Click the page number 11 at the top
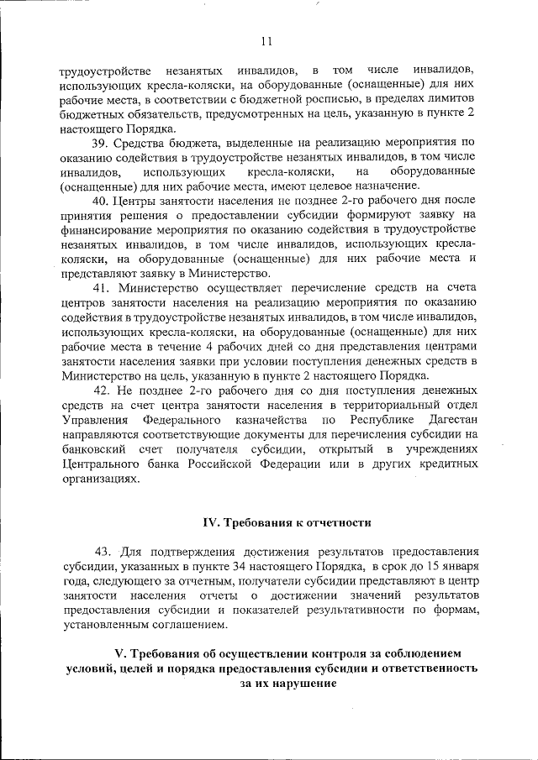point(267,39)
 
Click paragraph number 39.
point(103,144)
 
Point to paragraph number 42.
point(103,390)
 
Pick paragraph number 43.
point(103,552)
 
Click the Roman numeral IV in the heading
point(212,522)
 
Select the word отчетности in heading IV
point(335,522)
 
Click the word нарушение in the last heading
point(298,683)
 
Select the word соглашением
point(187,623)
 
